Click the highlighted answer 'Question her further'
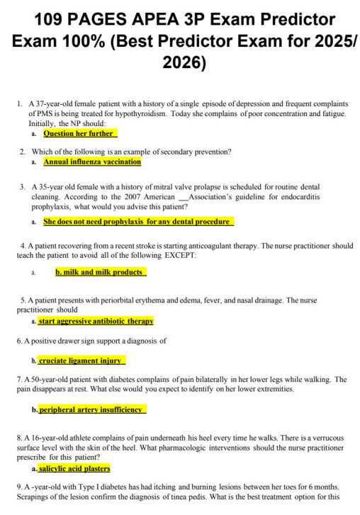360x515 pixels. click(79, 133)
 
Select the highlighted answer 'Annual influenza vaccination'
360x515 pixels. click(92, 162)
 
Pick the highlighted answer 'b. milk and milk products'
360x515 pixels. click(100, 272)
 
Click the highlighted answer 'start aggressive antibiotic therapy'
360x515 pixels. click(96, 321)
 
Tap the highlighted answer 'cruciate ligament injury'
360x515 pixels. click(81, 361)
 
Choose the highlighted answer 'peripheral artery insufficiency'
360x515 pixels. click(92, 409)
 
